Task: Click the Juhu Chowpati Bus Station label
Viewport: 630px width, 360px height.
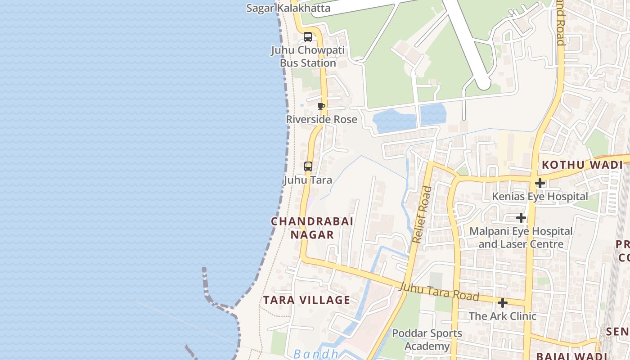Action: (x=308, y=57)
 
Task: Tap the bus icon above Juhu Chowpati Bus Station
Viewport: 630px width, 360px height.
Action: (x=308, y=37)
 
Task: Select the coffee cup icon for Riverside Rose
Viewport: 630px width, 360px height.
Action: (x=321, y=107)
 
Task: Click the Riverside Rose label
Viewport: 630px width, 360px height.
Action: (x=321, y=119)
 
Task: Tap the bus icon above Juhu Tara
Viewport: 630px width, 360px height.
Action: (x=308, y=166)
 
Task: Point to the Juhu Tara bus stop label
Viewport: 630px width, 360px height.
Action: (x=308, y=180)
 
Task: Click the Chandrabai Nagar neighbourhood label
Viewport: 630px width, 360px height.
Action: (x=312, y=228)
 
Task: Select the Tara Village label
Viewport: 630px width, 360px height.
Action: (x=306, y=300)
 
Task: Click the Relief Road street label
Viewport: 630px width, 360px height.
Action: (x=422, y=215)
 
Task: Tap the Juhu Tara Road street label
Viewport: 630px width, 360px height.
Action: (x=439, y=292)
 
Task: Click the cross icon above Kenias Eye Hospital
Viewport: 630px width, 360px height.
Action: (x=540, y=183)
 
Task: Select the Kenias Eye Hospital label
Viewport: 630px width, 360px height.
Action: (x=540, y=196)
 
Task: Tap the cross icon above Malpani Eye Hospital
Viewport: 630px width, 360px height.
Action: (x=521, y=218)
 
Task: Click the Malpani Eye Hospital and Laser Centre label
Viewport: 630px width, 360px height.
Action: (x=521, y=238)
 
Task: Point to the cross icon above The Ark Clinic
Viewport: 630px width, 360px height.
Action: (x=503, y=303)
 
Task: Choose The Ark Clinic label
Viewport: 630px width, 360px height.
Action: (x=503, y=316)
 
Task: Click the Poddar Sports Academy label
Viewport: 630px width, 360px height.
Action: (x=427, y=339)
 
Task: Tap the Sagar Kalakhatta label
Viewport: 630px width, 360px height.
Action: (x=288, y=8)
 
